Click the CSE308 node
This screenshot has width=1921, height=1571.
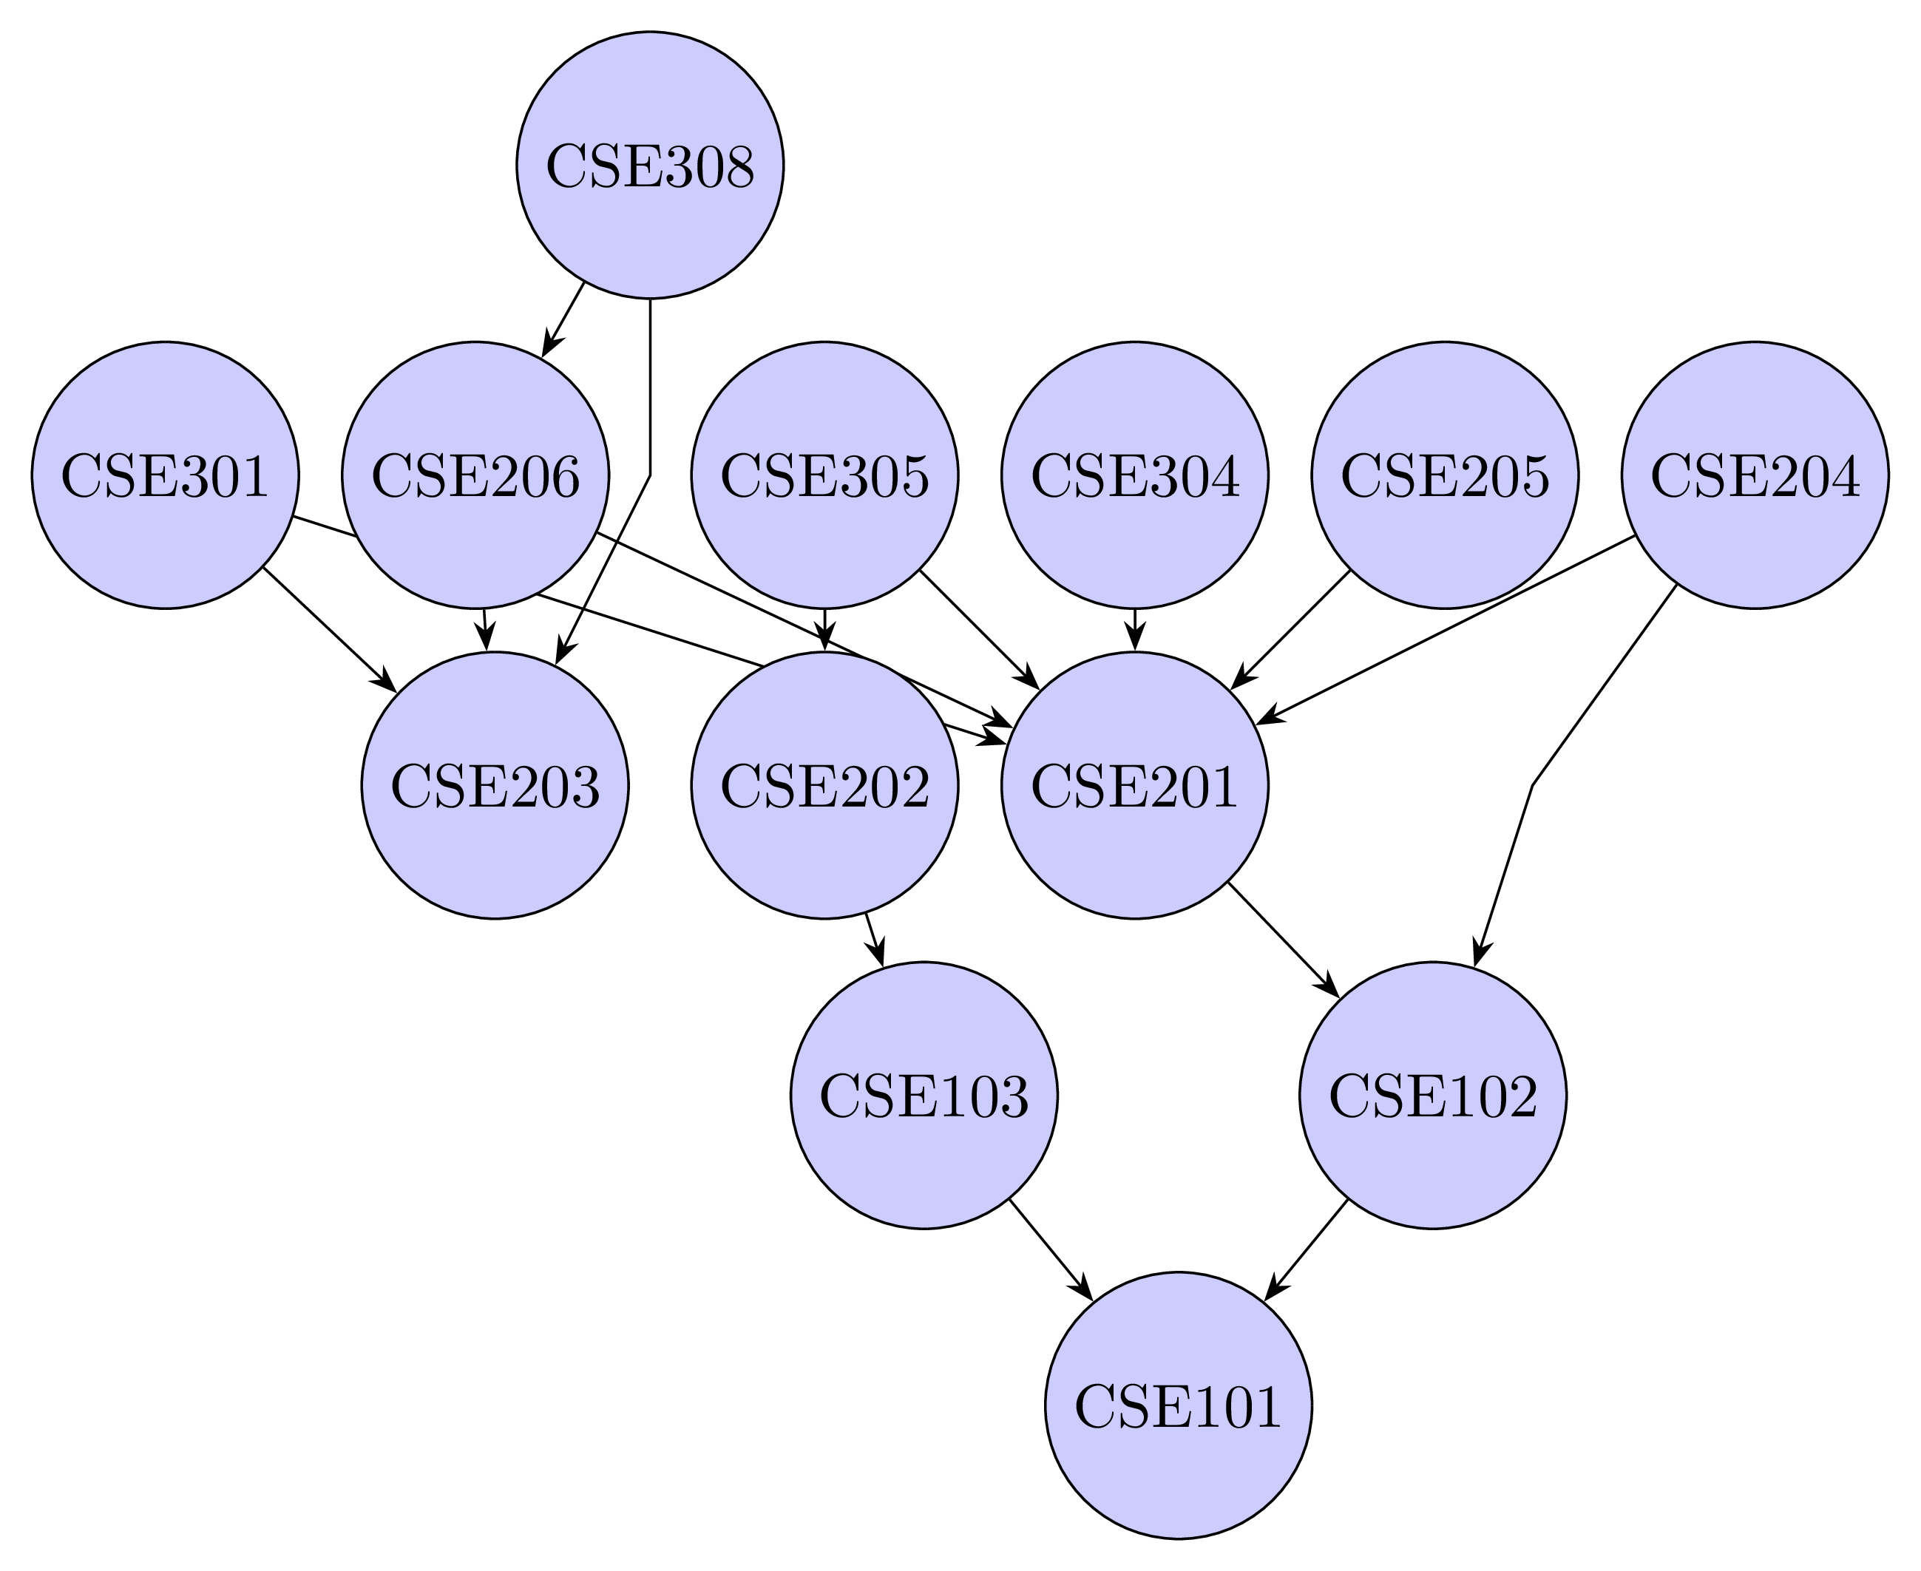pos(650,165)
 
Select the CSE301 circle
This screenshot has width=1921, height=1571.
pos(165,475)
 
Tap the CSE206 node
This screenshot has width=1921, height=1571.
pos(475,475)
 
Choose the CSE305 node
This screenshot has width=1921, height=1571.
pos(824,475)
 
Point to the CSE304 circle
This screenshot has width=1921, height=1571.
pos(1135,475)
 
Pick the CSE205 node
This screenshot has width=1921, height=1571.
pos(1445,475)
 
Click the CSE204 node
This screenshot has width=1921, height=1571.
pos(1755,475)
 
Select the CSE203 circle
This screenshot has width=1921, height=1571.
pos(495,785)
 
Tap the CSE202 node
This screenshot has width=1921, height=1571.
pos(824,785)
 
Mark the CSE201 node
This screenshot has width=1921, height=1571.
pos(1135,785)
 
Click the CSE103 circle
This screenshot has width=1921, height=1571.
pos(924,1095)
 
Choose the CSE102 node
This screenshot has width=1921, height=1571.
pos(1432,1095)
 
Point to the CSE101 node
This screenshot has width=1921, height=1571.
pos(1178,1405)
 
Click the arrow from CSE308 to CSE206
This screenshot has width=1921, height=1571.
pos(563,319)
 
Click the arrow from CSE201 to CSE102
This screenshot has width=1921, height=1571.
pos(1283,940)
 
